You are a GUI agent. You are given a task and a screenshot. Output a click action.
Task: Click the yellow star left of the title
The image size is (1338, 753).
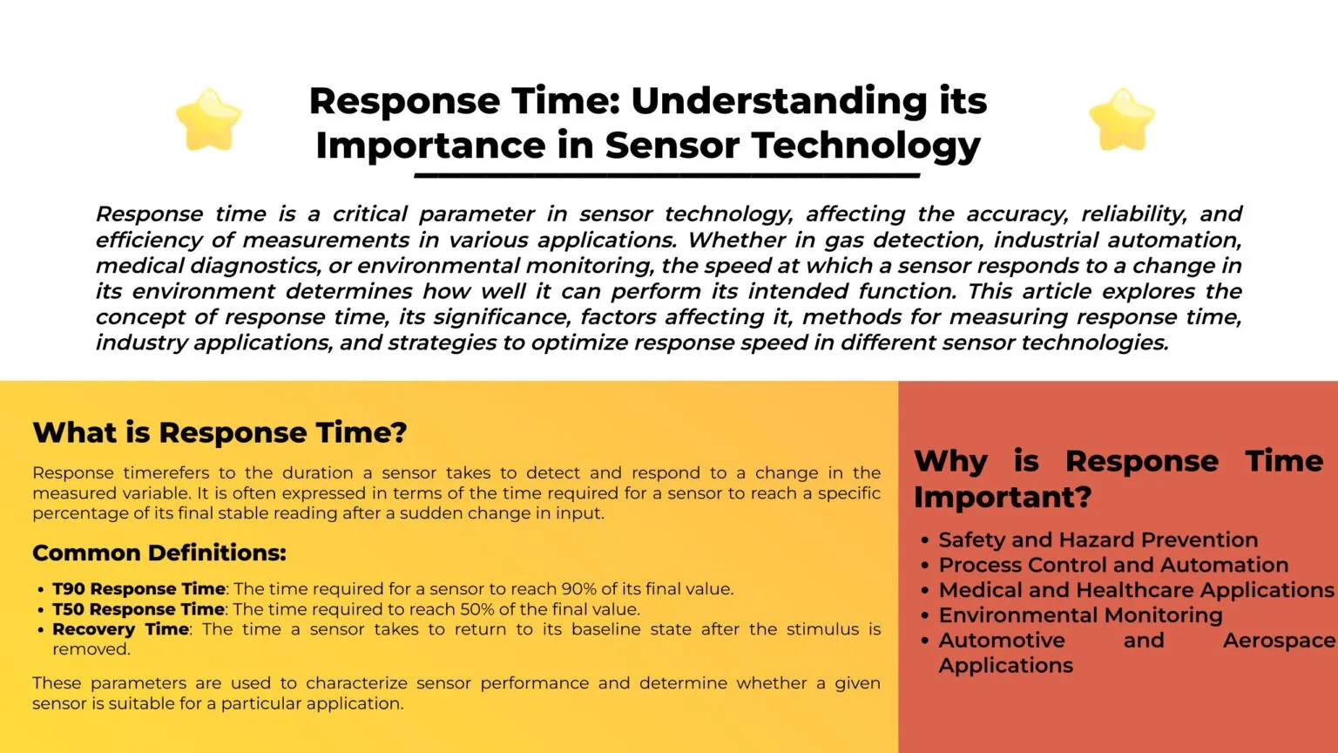[208, 119]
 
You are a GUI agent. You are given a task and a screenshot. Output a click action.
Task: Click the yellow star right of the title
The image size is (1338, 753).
[1122, 119]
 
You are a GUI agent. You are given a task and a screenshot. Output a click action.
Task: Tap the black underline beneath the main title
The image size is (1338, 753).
[666, 175]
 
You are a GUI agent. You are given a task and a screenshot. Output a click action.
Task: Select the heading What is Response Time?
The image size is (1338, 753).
[220, 433]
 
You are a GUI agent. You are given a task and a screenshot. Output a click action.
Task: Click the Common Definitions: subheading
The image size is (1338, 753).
[159, 553]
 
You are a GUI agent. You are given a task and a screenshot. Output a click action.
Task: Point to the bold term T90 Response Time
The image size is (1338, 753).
[139, 589]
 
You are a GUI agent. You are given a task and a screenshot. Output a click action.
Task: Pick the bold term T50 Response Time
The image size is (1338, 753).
[138, 609]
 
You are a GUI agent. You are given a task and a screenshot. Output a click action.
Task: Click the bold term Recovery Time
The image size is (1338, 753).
[120, 629]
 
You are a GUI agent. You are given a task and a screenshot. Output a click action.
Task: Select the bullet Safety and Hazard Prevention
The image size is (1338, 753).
[1098, 540]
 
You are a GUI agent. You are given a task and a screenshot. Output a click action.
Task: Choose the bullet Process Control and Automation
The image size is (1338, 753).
[1113, 566]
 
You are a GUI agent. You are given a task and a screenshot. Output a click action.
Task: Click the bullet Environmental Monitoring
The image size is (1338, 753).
[1080, 615]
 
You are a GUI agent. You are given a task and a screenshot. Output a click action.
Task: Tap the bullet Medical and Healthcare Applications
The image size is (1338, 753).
[1136, 590]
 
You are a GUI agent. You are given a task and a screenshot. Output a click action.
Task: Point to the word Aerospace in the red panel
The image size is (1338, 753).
[1279, 641]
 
